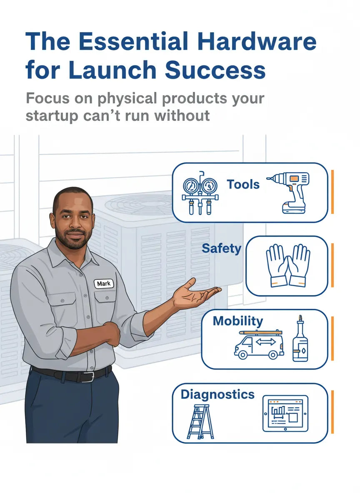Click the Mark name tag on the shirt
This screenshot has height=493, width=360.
pos(103,284)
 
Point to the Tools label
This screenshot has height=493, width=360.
pos(243,184)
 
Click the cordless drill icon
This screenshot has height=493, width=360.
pos(289,192)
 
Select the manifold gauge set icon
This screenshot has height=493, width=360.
pos(200,192)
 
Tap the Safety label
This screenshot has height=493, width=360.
pos(221,249)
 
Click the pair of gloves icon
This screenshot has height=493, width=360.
pos(288,265)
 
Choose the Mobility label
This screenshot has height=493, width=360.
pos(237,321)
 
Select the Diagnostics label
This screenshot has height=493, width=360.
pos(217,394)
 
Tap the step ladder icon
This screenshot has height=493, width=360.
pos(200,421)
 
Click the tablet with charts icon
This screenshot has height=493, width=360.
pos(285,413)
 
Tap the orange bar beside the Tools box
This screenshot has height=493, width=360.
pos(332,192)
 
